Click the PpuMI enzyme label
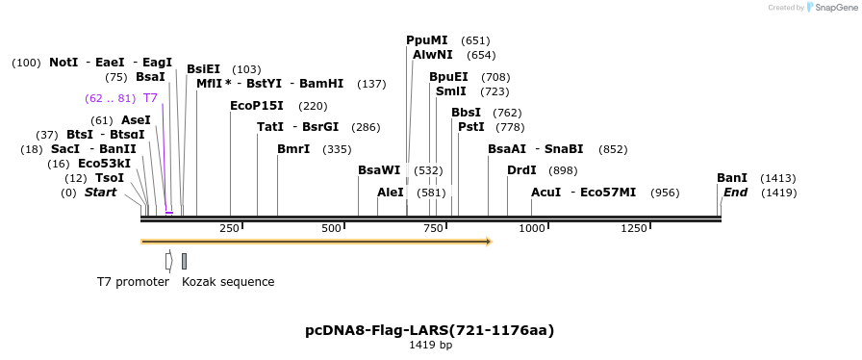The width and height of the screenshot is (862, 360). click(426, 40)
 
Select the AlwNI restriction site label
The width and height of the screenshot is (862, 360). click(432, 55)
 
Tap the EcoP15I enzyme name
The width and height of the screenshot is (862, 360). click(257, 106)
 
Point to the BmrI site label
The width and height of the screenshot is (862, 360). click(293, 149)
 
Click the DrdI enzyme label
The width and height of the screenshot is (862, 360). click(521, 170)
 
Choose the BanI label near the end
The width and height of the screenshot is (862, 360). click(732, 178)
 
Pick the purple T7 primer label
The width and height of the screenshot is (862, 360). click(150, 98)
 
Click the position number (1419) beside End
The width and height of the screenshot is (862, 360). click(778, 193)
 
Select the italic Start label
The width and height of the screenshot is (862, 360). click(100, 193)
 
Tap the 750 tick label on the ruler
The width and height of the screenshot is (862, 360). click(433, 228)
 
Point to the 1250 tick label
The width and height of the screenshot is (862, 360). click(634, 228)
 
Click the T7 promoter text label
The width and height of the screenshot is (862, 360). click(133, 282)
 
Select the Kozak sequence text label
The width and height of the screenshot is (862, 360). click(228, 282)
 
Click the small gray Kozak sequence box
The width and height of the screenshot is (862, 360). click(184, 261)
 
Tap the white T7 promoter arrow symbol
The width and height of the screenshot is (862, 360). click(168, 261)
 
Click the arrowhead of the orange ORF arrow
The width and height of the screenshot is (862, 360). click(489, 242)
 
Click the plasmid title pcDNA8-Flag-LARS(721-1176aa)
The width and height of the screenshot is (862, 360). click(429, 330)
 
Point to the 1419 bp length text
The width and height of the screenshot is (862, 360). click(430, 345)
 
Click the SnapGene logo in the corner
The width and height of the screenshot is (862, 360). click(829, 8)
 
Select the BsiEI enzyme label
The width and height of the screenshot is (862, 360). click(203, 69)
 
